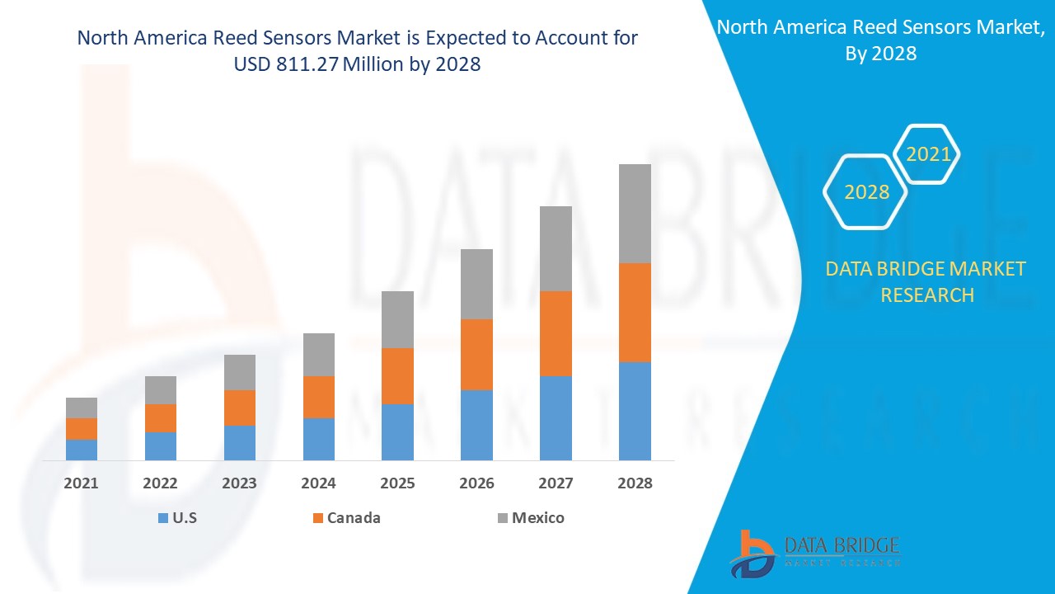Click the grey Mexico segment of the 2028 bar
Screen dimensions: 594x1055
(x=635, y=214)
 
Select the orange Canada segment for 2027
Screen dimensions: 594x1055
(x=556, y=333)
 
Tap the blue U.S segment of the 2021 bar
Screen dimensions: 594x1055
(x=82, y=450)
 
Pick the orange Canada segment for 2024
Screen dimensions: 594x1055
(x=319, y=397)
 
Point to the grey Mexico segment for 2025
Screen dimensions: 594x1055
(x=397, y=319)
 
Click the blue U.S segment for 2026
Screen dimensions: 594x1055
(x=476, y=425)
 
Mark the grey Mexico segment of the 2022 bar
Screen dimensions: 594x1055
(x=161, y=390)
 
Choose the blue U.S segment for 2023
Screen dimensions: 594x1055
(x=240, y=443)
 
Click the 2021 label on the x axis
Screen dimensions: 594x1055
(x=81, y=483)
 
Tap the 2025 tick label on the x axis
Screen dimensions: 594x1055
(x=397, y=483)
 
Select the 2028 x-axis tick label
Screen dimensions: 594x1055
(x=635, y=483)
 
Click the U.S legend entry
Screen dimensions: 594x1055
(x=177, y=518)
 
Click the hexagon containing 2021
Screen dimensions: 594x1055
(x=928, y=154)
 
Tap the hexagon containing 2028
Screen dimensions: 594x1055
(x=866, y=192)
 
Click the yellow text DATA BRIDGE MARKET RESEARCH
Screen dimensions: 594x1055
(x=926, y=281)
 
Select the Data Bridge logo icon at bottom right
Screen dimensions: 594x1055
(x=752, y=553)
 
